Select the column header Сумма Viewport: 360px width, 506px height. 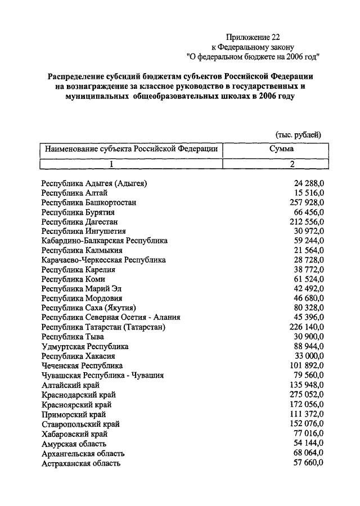pyautogui.click(x=281, y=150)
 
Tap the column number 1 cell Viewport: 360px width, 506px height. pyautogui.click(x=111, y=164)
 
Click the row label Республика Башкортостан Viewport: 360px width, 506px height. pyautogui.click(x=89, y=202)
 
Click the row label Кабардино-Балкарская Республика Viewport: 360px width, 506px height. pyautogui.click(x=105, y=241)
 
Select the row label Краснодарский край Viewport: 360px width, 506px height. pyautogui.click(x=78, y=395)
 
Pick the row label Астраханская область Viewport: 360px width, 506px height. pyautogui.click(x=81, y=463)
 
